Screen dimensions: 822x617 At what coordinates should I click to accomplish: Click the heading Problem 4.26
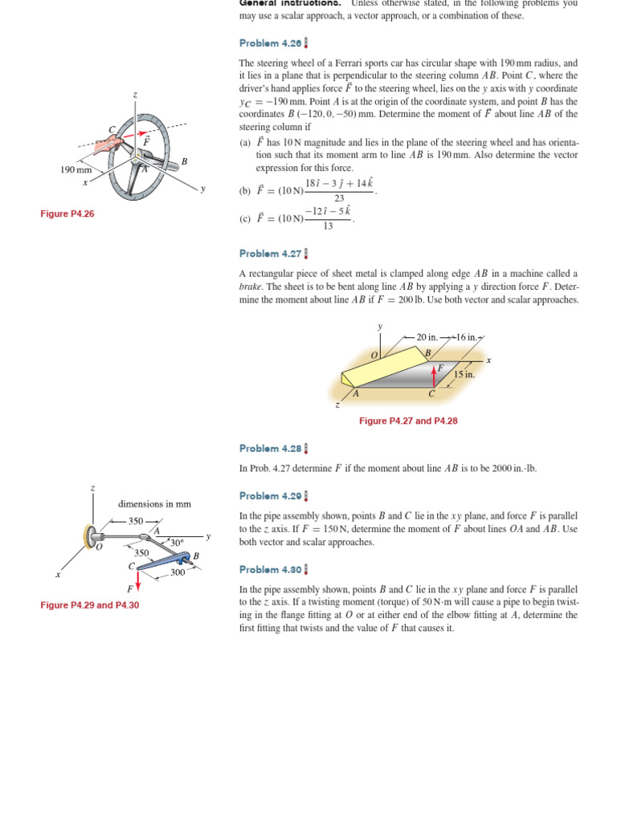coord(269,43)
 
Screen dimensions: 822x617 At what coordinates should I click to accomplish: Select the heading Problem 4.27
coord(269,254)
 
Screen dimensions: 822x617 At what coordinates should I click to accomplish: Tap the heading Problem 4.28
coord(269,448)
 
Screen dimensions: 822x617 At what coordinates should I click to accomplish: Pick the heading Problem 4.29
coord(269,496)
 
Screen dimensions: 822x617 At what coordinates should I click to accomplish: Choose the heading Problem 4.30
coord(269,569)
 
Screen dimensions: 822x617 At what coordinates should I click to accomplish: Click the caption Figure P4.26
coord(67,214)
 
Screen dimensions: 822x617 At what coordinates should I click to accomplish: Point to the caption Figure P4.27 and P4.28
coord(408,421)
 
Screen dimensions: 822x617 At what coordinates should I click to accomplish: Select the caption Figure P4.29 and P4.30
coord(90,605)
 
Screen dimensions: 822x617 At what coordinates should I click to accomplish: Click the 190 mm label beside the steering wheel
coord(76,169)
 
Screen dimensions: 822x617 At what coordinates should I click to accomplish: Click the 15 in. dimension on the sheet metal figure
coord(464,374)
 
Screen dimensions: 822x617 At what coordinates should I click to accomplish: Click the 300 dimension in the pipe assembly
coord(178,572)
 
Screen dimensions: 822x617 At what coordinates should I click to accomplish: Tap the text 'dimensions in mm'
coord(154,504)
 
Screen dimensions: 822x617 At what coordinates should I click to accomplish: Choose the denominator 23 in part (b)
coord(339,198)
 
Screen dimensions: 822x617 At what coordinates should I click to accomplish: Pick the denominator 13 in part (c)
coord(328,226)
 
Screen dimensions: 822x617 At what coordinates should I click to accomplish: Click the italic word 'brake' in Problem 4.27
coord(251,287)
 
